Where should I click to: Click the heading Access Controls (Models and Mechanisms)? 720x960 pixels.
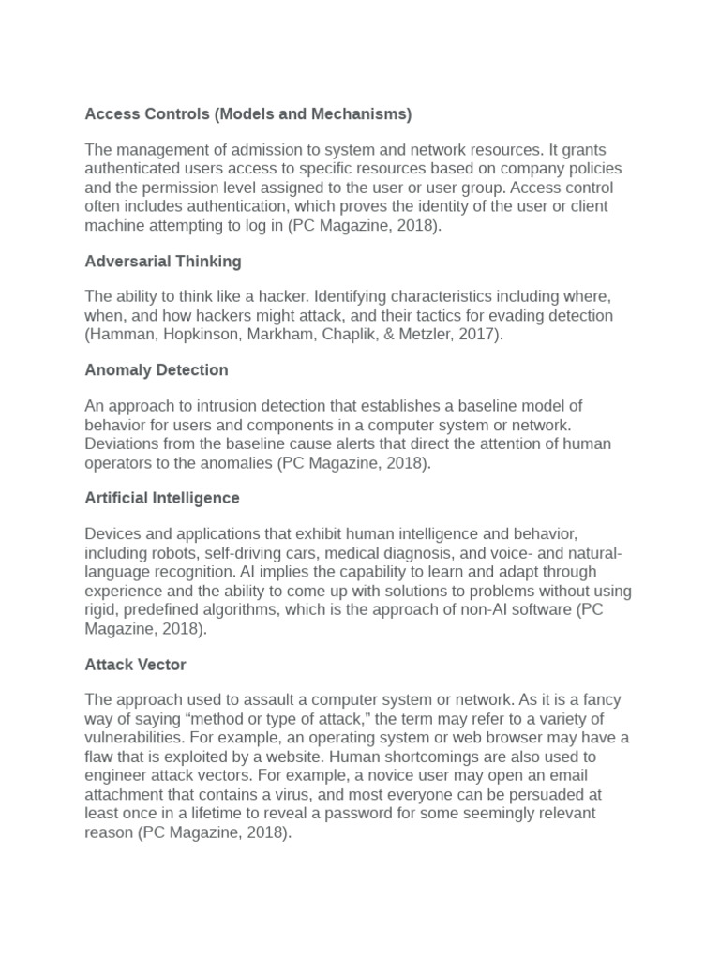click(247, 114)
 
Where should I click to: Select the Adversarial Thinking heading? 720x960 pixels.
click(163, 262)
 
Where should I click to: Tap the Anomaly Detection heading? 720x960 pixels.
click(157, 370)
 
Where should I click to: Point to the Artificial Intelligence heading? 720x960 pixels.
click(162, 499)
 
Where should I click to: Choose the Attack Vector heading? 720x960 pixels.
click(136, 665)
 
